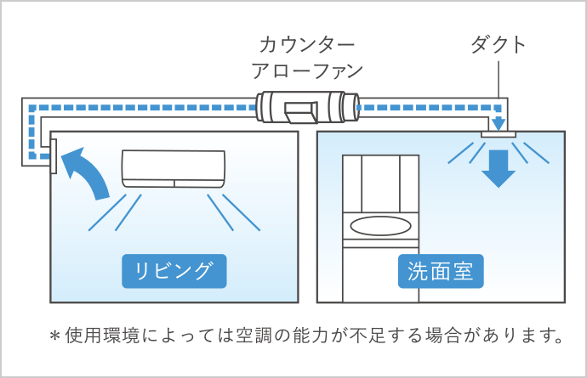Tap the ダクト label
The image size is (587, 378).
(x=499, y=45)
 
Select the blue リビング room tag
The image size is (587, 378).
(x=174, y=271)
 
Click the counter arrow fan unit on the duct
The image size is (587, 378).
(x=307, y=107)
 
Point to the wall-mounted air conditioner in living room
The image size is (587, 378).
(x=174, y=169)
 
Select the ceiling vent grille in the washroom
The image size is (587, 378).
(x=498, y=134)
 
